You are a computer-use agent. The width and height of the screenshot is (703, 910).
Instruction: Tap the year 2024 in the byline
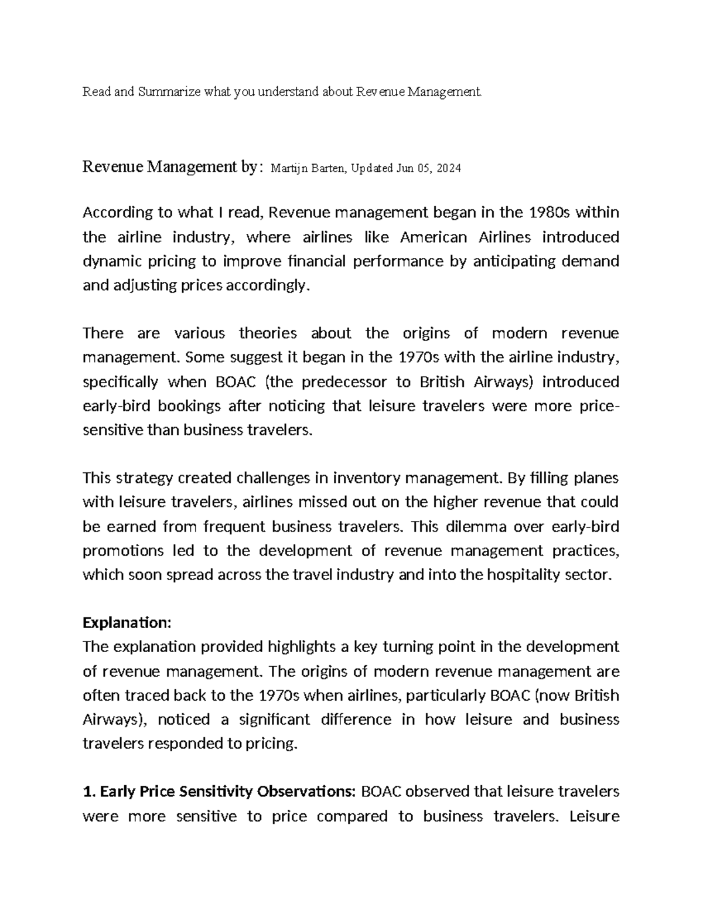[449, 169]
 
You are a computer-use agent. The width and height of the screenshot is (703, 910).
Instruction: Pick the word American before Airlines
[434, 237]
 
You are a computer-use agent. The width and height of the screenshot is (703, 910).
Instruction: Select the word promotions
[123, 551]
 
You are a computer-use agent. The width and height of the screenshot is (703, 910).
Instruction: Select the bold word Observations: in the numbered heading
[309, 792]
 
